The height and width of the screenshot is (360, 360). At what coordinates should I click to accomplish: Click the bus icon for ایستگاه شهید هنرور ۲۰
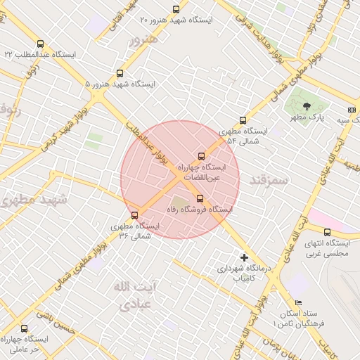point(176,9)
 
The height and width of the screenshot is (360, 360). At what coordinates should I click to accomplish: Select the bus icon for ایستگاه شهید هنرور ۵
point(120,72)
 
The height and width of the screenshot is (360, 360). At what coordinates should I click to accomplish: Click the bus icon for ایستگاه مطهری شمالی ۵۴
point(243,120)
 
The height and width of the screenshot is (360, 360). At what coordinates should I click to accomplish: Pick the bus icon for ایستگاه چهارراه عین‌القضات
point(202,156)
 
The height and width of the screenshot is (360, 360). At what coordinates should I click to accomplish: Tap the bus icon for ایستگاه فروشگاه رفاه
point(200,198)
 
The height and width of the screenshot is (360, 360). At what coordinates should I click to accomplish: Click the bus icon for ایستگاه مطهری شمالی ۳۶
point(134,215)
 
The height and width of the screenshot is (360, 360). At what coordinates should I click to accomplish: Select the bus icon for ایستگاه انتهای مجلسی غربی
point(327,232)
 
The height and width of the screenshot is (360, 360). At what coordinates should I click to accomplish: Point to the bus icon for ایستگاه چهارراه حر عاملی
point(25,328)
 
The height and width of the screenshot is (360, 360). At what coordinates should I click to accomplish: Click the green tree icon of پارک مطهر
point(306,105)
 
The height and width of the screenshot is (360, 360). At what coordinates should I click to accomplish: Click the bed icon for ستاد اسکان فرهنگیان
point(299,302)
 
